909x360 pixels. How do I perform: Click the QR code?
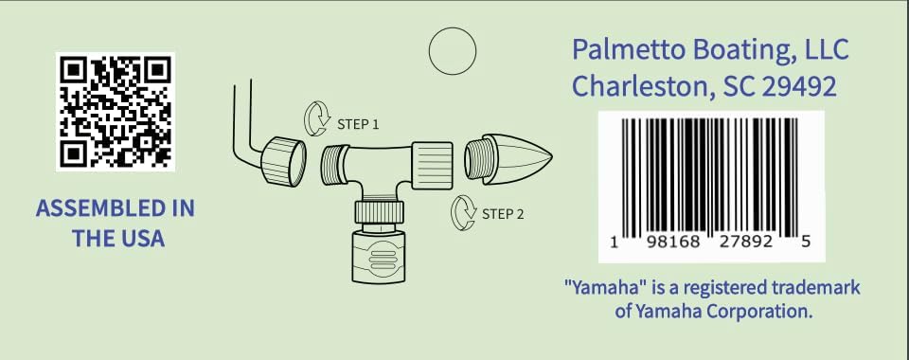pyautogui.click(x=115, y=110)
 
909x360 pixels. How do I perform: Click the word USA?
pyautogui.click(x=138, y=238)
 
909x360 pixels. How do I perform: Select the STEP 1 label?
pyautogui.click(x=358, y=124)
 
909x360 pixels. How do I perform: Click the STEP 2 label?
pyautogui.click(x=503, y=213)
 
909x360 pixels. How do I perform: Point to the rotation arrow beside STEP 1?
pyautogui.click(x=315, y=120)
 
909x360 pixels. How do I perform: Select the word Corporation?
pyautogui.click(x=758, y=310)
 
